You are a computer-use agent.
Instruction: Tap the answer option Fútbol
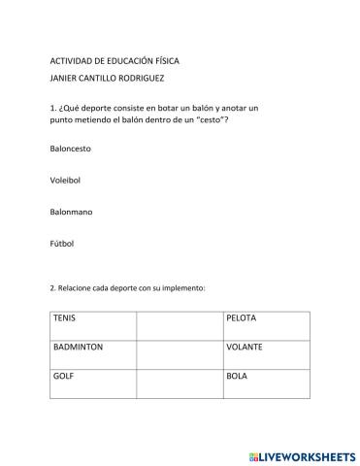(x=61, y=243)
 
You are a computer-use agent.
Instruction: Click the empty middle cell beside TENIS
(x=179, y=325)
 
